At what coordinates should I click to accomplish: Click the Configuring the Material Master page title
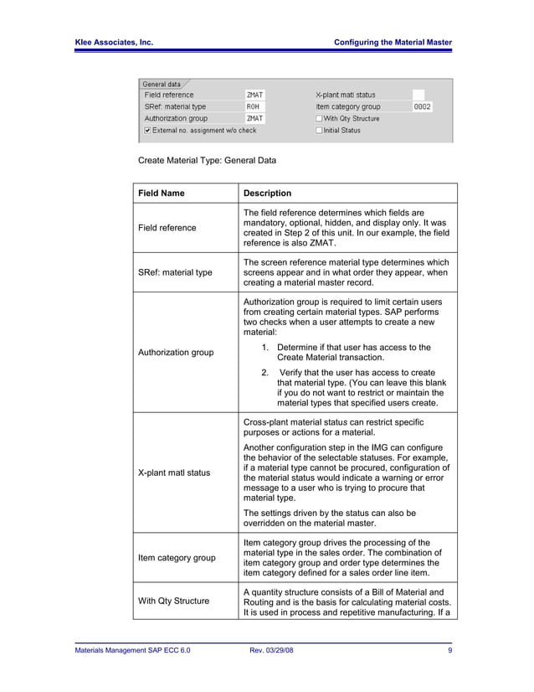393,42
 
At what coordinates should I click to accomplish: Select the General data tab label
162,84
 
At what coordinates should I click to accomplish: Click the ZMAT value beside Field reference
254,96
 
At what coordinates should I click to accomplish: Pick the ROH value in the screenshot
253,107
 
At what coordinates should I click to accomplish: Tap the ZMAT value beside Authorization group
254,119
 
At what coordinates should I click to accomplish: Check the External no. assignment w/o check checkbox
148,131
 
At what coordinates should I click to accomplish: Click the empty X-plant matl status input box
418,96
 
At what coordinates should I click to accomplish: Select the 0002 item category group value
423,107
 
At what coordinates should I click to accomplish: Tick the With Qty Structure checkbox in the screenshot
319,119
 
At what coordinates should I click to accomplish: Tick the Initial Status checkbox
319,131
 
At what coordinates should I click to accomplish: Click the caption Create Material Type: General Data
207,159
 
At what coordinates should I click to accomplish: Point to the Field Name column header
162,194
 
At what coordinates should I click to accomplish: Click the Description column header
267,194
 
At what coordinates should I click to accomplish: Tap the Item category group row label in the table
177,557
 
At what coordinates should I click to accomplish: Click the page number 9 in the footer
449,650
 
